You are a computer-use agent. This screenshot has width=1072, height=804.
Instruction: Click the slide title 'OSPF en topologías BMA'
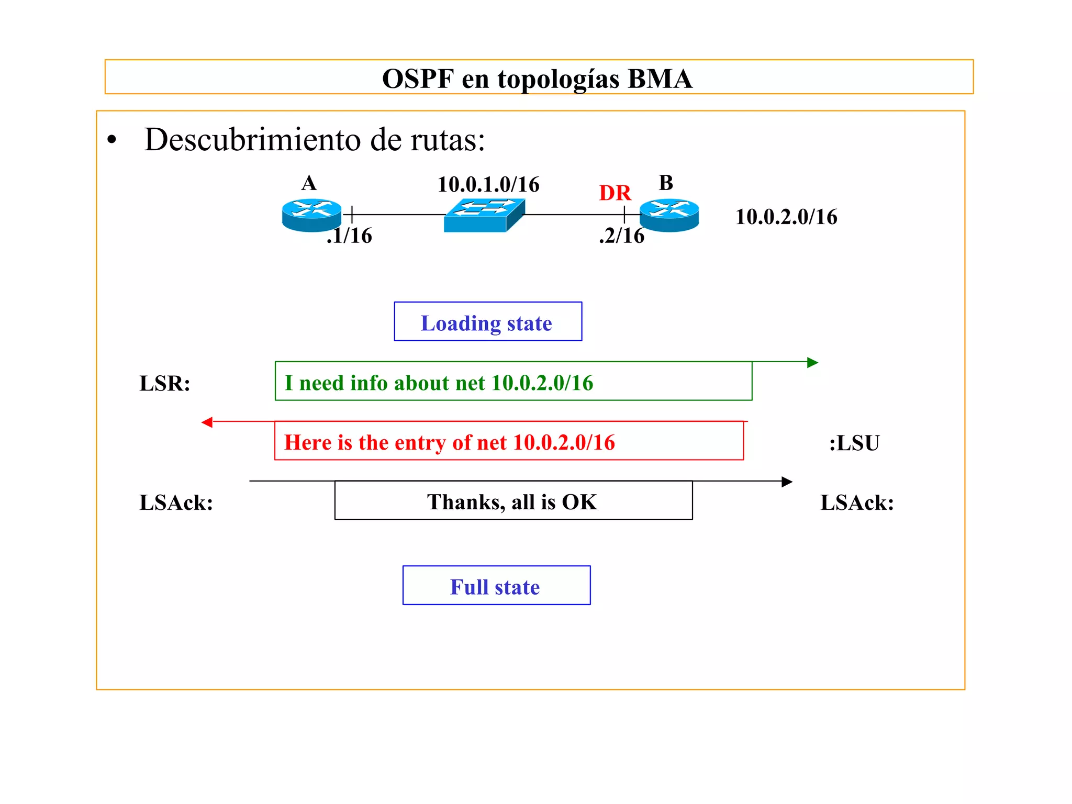pos(537,79)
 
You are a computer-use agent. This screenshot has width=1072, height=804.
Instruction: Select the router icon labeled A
pos(311,215)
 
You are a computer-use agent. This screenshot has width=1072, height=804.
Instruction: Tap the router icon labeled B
pos(669,215)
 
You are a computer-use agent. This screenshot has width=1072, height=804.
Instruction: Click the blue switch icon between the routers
pos(484,215)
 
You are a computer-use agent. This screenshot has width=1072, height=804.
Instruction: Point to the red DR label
pos(615,193)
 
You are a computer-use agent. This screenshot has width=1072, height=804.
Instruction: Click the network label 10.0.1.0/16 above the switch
pos(488,184)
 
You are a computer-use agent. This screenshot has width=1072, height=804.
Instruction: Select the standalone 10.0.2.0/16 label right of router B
pos(786,217)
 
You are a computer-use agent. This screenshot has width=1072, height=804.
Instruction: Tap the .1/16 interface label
pos(349,236)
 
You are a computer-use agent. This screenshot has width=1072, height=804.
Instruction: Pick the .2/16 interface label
pos(621,236)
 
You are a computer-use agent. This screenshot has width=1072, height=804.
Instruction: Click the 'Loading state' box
pos(488,322)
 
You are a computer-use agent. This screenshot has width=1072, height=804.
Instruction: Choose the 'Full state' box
pos(496,585)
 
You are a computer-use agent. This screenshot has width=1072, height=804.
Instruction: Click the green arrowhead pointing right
pos(812,362)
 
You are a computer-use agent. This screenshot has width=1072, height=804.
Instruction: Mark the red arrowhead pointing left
pos(207,422)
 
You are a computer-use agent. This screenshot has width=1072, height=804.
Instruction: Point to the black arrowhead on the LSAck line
pos(787,482)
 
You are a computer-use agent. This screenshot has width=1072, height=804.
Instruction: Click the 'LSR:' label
pos(165,384)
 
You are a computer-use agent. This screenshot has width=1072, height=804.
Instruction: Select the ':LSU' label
pos(854,443)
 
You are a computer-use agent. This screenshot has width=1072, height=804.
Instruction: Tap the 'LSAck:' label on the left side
pos(176,502)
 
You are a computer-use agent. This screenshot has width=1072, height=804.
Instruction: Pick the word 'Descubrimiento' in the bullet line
pos(253,140)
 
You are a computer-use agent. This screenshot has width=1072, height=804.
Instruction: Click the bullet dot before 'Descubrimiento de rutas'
pos(111,140)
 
